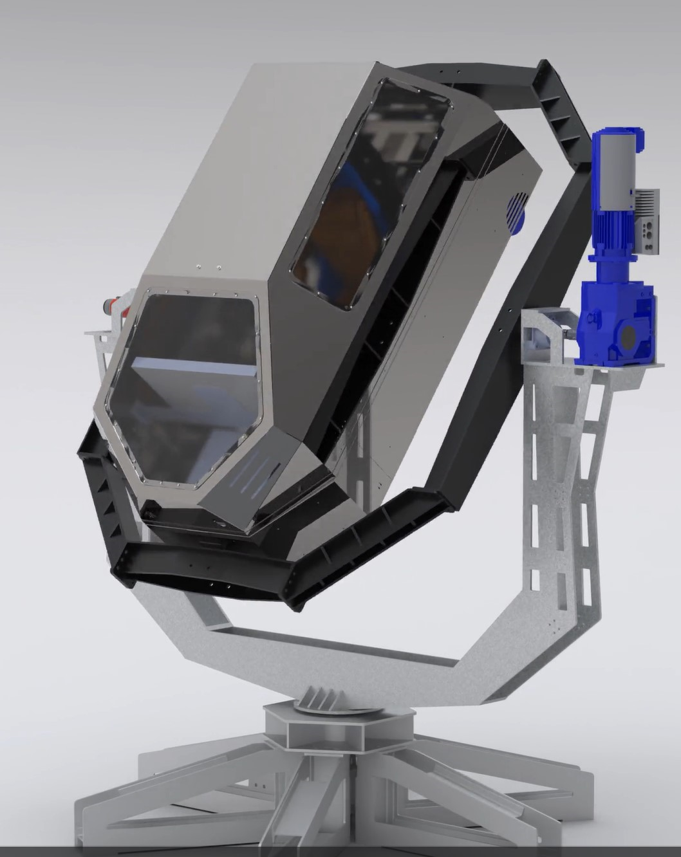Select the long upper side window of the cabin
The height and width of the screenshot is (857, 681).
[x=370, y=193]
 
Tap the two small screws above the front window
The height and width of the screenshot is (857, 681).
[x=209, y=268]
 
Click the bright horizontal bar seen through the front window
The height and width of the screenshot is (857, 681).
[x=193, y=369]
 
